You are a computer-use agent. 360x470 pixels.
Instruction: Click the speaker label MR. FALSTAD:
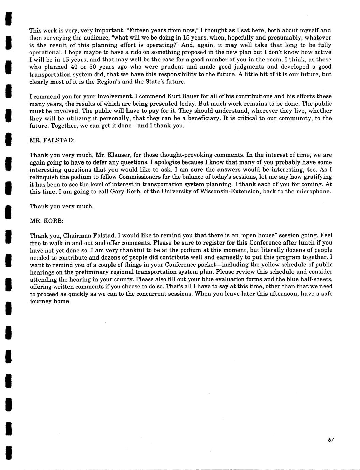[49, 140]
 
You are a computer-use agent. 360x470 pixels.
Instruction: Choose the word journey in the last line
[40, 301]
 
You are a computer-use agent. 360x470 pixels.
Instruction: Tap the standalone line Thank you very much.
[62, 206]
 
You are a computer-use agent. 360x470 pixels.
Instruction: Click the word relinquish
[44, 177]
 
